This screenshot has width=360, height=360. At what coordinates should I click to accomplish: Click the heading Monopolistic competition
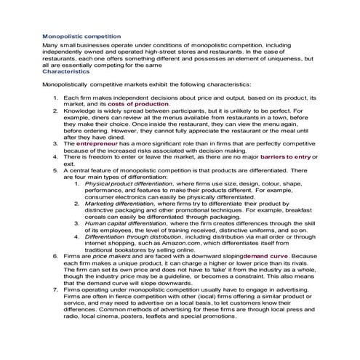[x=81, y=36]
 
